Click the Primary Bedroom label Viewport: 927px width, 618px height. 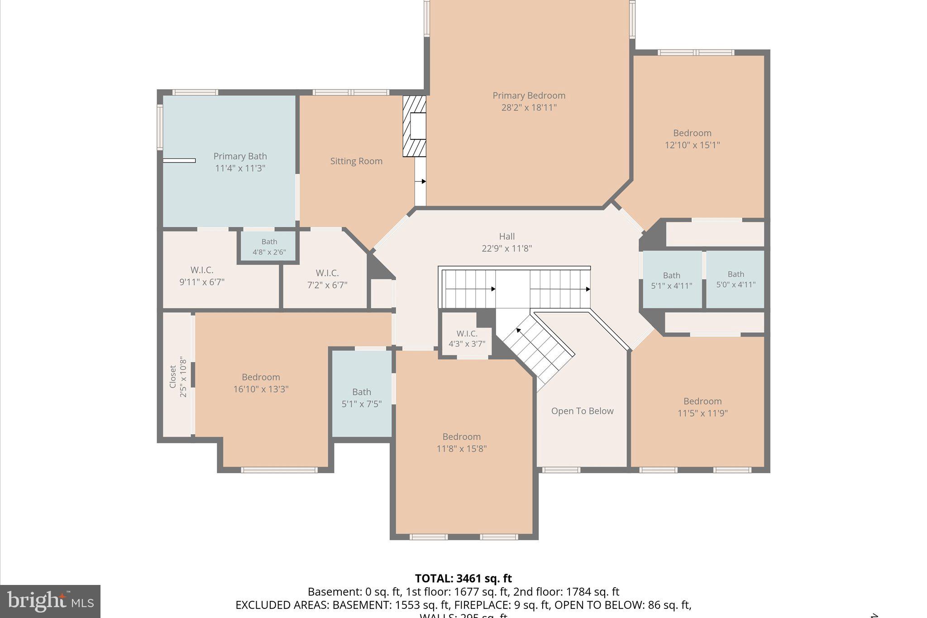[x=529, y=96]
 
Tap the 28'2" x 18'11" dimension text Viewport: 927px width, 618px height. [x=529, y=108]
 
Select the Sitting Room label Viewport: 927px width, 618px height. [x=356, y=161]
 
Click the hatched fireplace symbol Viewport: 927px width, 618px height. [x=414, y=126]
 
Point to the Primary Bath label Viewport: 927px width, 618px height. [x=240, y=156]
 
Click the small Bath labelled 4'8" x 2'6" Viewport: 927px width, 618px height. [x=269, y=247]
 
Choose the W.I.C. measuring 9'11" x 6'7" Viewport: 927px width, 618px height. [x=202, y=276]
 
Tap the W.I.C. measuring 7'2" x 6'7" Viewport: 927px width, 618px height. [x=327, y=279]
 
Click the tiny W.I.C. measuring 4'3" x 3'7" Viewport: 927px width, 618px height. [x=467, y=339]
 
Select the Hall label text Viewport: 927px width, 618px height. [x=507, y=236]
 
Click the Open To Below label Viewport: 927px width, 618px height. [x=582, y=411]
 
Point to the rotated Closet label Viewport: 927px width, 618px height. [x=172, y=377]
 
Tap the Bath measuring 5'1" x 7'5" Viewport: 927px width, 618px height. [x=361, y=398]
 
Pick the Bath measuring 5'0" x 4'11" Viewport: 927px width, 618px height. [x=736, y=279]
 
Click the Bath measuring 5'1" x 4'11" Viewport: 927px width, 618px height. [x=671, y=280]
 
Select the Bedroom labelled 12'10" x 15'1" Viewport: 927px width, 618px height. [x=692, y=139]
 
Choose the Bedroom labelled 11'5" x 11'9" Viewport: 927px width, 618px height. [x=702, y=407]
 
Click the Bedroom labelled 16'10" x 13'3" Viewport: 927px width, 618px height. [x=261, y=383]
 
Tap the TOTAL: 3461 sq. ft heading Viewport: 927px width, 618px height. [x=463, y=579]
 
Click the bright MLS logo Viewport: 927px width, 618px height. [x=50, y=601]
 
